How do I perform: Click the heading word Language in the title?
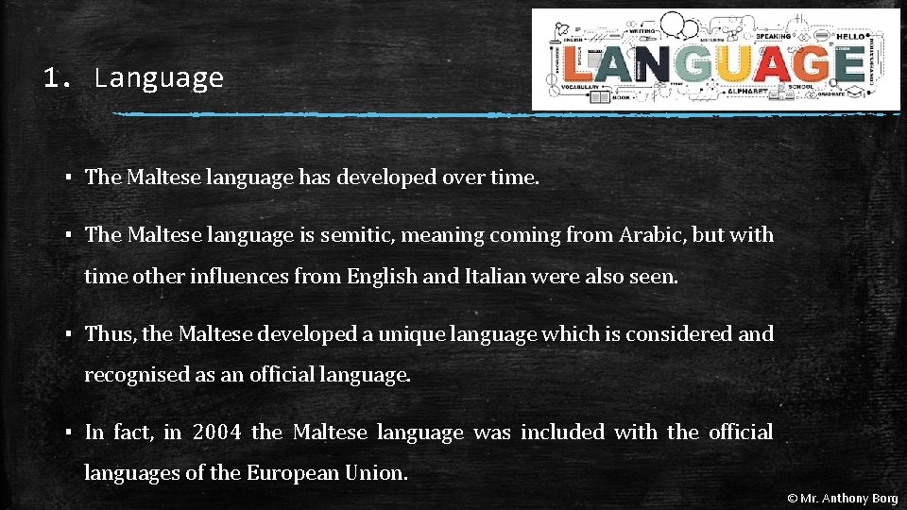(x=159, y=77)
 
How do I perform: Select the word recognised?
(x=137, y=375)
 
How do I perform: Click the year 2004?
(x=217, y=433)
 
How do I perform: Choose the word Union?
(x=379, y=473)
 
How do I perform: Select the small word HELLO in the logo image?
(x=850, y=36)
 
